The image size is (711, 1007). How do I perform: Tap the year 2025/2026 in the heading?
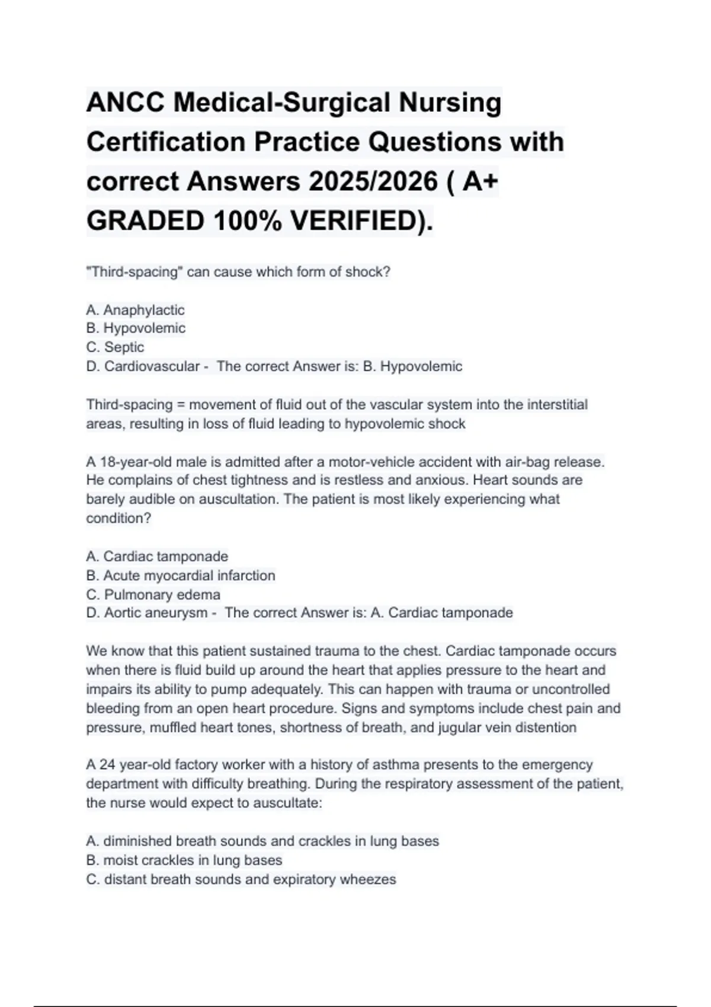tap(371, 181)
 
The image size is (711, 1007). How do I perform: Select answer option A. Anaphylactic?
tap(135, 310)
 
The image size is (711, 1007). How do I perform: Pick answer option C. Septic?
tap(115, 347)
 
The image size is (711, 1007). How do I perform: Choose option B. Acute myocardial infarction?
tap(181, 575)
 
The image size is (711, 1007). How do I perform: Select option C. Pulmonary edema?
tap(153, 594)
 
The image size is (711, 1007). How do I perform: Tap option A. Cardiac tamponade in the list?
tap(157, 556)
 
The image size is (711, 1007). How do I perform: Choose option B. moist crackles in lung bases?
tap(184, 860)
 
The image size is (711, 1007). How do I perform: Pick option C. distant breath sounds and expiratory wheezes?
tap(241, 879)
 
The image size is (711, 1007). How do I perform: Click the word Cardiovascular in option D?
tap(152, 366)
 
